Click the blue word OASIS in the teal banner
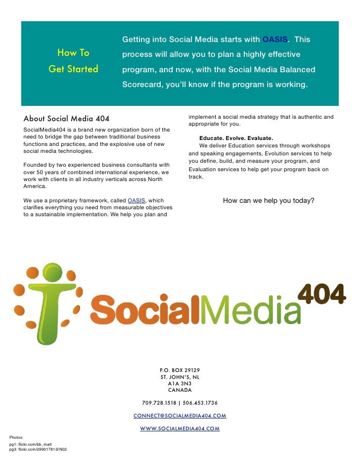coord(274,40)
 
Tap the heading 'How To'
coord(73,52)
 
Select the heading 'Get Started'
coord(73,69)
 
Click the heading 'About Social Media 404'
coord(66,118)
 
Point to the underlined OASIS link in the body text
coord(136,200)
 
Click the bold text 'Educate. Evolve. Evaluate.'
coord(236,138)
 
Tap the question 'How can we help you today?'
coord(269,200)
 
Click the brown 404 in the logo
coord(321,295)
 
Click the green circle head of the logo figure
coord(52,272)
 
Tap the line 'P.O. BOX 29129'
coord(180,370)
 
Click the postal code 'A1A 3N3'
coord(180,383)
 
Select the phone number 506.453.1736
coord(200,403)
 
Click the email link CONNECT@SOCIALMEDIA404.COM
coord(180,416)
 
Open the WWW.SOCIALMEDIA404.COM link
coord(180,428)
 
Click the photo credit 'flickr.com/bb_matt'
coord(37,444)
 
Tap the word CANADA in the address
coord(180,390)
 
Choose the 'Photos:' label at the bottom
coord(16,437)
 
